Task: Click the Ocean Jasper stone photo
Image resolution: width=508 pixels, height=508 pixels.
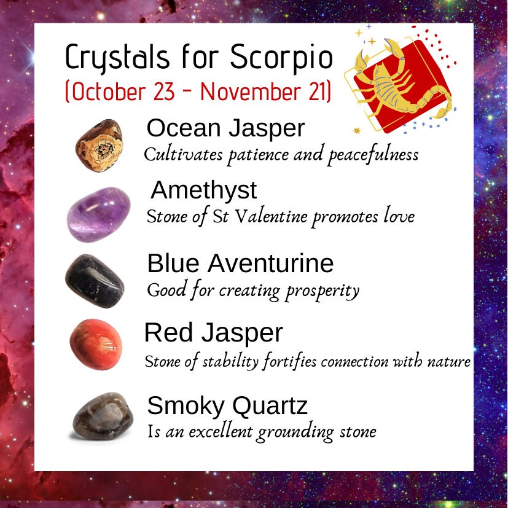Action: [x=99, y=146]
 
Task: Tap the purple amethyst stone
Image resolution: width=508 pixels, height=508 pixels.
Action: [x=99, y=214]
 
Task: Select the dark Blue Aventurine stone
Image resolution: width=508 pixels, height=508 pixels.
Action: [x=95, y=281]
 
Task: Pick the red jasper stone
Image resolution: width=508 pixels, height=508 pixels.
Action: [x=96, y=345]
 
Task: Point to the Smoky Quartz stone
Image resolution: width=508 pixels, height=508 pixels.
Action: [x=103, y=416]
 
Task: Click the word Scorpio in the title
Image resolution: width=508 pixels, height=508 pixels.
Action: [x=281, y=58]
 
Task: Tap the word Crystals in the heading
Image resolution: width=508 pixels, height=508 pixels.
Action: [x=117, y=58]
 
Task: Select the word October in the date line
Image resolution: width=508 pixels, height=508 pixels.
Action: [x=109, y=92]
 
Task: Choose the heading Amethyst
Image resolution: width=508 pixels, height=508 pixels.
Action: [x=204, y=190]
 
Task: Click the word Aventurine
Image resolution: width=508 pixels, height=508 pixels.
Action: [x=270, y=264]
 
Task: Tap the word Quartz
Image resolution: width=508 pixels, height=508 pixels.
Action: [x=270, y=406]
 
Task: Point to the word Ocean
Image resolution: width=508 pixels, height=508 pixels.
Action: [x=184, y=128]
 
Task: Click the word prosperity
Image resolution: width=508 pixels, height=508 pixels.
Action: [x=322, y=291]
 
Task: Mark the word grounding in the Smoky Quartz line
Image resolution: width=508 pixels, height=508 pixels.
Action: [x=295, y=432]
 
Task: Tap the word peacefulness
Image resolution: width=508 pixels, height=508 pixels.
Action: [x=373, y=155]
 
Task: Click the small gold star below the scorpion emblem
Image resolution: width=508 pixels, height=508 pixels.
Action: [x=357, y=131]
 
